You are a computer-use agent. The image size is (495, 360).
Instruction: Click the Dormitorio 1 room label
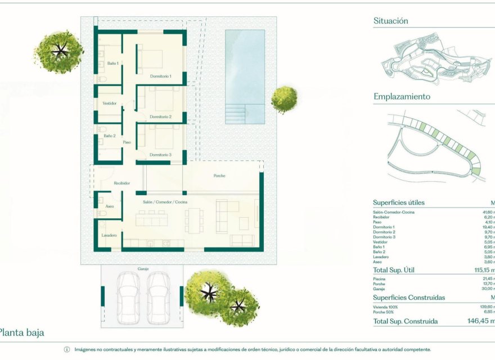(x=161, y=76)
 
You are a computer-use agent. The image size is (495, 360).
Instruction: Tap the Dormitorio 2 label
(x=161, y=117)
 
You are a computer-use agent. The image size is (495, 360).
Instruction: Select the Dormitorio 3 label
(x=161, y=155)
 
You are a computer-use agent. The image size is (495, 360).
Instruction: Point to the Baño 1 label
(x=112, y=64)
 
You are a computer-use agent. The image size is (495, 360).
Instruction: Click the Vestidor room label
(x=110, y=103)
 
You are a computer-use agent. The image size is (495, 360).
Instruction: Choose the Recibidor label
(x=122, y=183)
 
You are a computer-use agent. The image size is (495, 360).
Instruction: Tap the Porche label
(x=219, y=175)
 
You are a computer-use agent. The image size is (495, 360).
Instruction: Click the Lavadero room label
(x=109, y=235)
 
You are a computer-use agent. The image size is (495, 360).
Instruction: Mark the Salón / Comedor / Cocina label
(x=165, y=201)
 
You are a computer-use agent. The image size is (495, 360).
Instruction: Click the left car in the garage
(x=128, y=298)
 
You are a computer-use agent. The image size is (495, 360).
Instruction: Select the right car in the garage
(x=158, y=298)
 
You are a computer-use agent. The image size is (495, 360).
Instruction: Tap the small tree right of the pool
(x=284, y=100)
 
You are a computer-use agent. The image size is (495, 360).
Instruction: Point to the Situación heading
(x=391, y=21)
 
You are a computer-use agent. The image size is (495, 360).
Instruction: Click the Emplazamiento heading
(x=402, y=97)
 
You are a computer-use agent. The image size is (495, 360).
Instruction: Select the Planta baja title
(x=22, y=332)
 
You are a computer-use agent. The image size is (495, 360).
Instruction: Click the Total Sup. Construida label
(x=405, y=321)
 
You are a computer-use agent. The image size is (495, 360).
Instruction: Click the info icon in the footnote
(x=67, y=349)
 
